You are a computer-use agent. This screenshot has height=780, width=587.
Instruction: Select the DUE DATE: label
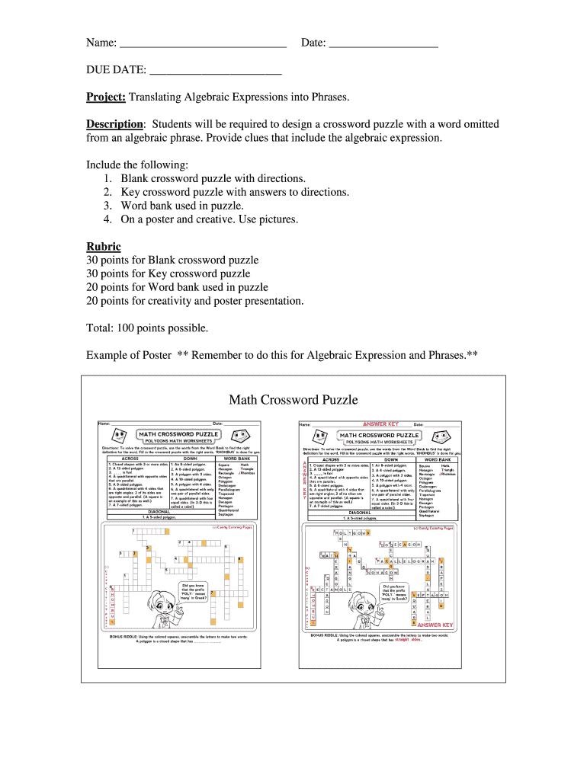[x=116, y=70]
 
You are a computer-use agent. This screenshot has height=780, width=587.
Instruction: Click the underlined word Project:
[x=105, y=97]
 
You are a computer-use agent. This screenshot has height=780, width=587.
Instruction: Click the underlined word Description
[x=114, y=124]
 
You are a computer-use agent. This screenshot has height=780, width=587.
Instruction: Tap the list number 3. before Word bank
[x=107, y=206]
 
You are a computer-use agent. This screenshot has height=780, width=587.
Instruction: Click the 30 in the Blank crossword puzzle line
[x=93, y=260]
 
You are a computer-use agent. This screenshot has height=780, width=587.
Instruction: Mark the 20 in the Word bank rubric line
[x=93, y=287]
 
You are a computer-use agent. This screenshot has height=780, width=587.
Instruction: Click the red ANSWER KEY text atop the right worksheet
[x=380, y=424]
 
